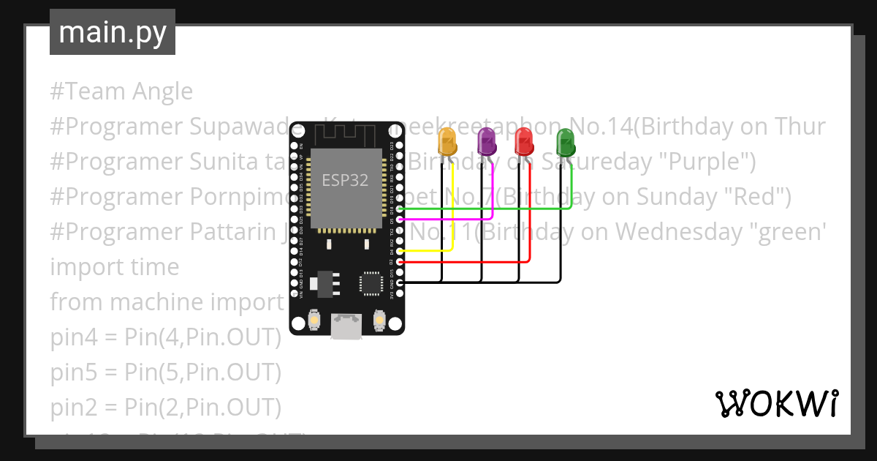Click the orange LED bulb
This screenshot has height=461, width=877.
(446, 142)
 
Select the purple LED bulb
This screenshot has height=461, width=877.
(486, 141)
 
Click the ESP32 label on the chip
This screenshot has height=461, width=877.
(345, 179)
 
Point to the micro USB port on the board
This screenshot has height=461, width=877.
(346, 326)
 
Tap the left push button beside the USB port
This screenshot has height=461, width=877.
(314, 320)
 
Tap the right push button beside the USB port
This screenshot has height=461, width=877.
(379, 320)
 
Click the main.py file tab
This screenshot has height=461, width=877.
(113, 32)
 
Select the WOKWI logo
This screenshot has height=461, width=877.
(775, 403)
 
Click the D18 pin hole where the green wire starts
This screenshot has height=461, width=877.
(399, 209)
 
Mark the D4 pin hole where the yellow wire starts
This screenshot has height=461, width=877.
(399, 251)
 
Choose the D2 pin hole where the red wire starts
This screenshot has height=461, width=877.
(399, 261)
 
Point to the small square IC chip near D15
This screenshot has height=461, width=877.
(371, 283)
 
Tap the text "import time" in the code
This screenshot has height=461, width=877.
(115, 267)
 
